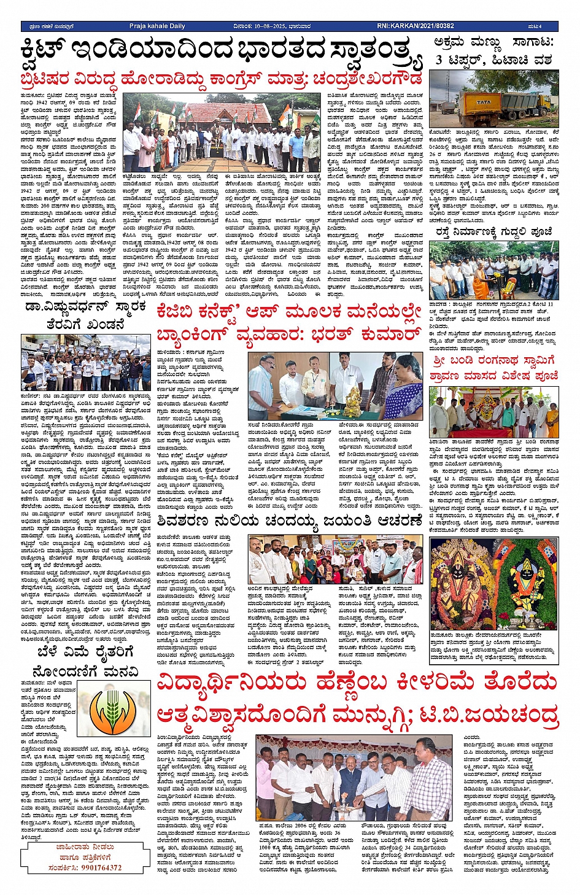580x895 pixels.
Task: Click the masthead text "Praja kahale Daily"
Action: [x=157, y=26]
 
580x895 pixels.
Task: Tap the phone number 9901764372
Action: [x=93, y=868]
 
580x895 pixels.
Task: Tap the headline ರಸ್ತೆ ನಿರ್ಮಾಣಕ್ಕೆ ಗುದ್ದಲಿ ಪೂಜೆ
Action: [x=494, y=231]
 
